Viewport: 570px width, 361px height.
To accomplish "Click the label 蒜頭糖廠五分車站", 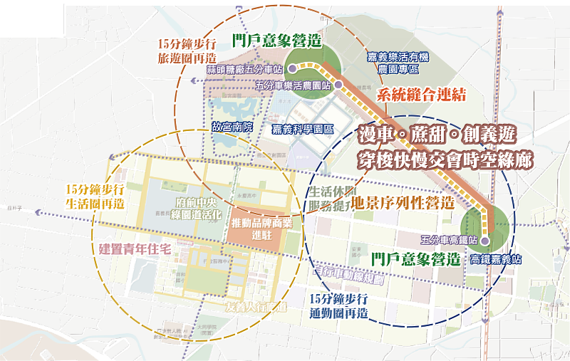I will pos(244,70).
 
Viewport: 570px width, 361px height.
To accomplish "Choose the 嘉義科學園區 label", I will pos(304,130).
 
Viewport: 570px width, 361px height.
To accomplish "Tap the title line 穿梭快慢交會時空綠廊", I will pos(446,159).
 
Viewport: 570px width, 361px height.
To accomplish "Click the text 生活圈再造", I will pos(95,203).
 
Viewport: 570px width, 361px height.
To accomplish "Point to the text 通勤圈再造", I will pos(339,312).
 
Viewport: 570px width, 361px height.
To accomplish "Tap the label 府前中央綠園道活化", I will pos(189,208).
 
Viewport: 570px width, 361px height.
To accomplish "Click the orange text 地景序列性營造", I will pos(403,202).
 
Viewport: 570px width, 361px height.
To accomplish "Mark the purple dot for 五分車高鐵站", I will pos(484,241).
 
